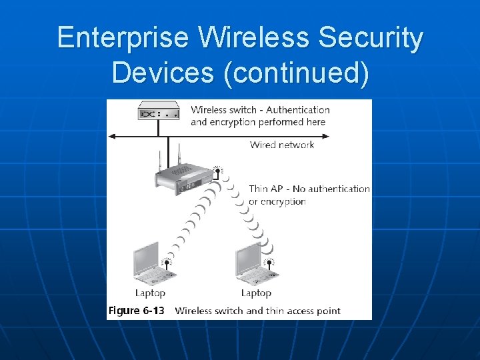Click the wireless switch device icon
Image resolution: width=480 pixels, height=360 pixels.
[158, 112]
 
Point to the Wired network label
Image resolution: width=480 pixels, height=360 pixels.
[282, 145]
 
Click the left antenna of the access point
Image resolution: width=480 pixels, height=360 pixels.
[160, 161]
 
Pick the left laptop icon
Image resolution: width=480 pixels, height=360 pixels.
[149, 263]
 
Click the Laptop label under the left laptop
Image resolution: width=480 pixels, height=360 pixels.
[150, 293]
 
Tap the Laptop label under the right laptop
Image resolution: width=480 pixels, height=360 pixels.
[256, 293]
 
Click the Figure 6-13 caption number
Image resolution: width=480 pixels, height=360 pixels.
[136, 311]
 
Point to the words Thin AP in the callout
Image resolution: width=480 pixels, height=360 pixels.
[265, 189]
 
